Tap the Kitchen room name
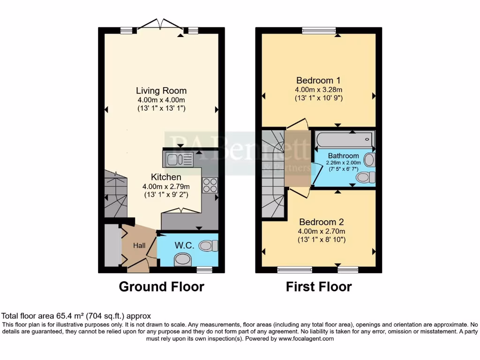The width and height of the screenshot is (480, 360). click(166, 177)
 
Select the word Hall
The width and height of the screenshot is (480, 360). click(139, 246)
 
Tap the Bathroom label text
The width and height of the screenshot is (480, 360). click(343, 156)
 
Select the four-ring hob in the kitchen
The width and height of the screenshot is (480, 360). click(209, 186)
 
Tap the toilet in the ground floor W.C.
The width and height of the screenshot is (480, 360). click(209, 245)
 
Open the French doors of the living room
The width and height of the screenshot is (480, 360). click(160, 24)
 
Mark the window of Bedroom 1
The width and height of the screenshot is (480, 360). click(319, 31)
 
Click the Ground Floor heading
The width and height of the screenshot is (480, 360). click(161, 286)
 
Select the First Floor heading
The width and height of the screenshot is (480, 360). click(319, 286)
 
